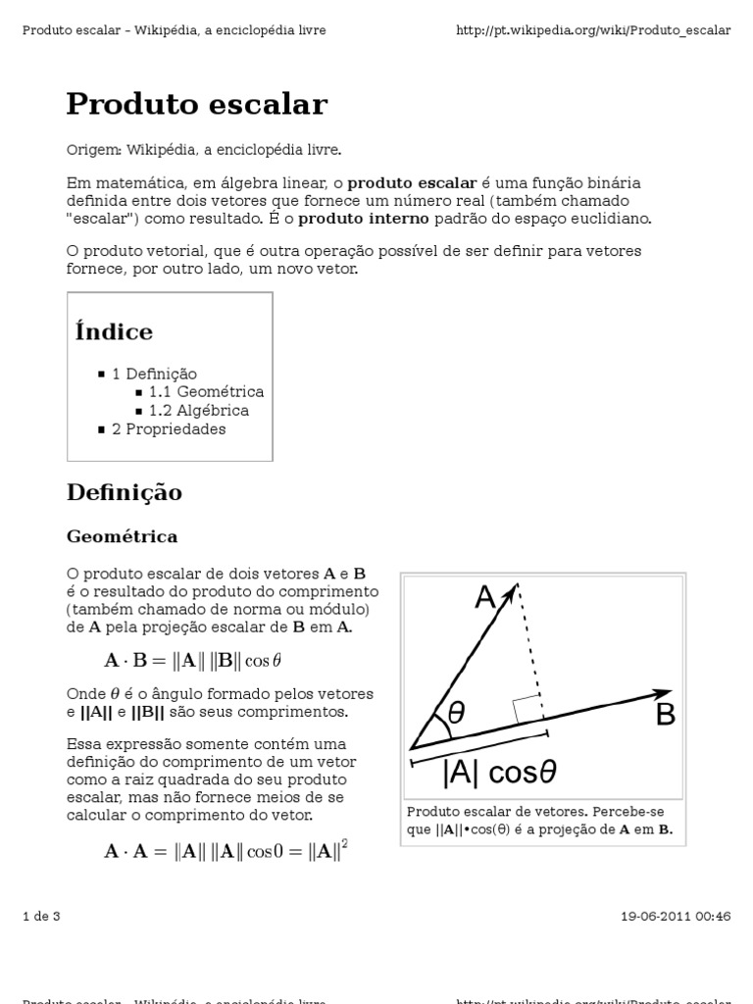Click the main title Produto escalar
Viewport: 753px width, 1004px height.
pyautogui.click(x=196, y=104)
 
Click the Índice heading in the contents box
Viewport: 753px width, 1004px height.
pyautogui.click(x=114, y=331)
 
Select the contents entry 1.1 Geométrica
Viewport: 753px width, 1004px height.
pyautogui.click(x=206, y=392)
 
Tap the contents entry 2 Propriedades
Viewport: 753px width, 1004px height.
pyautogui.click(x=169, y=429)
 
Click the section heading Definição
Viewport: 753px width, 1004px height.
pyautogui.click(x=125, y=492)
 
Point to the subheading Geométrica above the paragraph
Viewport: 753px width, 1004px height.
pyautogui.click(x=122, y=536)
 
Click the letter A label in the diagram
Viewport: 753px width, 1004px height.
pyautogui.click(x=484, y=597)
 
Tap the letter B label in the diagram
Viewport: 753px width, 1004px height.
pyautogui.click(x=666, y=716)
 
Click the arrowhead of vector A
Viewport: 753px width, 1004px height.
pyautogui.click(x=510, y=591)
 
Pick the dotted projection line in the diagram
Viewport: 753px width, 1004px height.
pyautogui.click(x=529, y=647)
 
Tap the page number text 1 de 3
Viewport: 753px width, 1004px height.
pyautogui.click(x=41, y=917)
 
